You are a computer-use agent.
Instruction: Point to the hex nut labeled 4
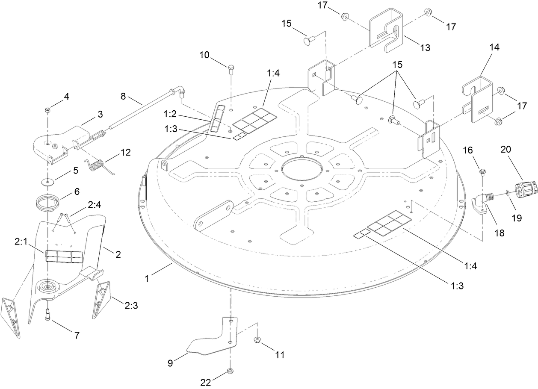point(47,110)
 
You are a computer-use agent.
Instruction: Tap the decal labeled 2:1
point(64,256)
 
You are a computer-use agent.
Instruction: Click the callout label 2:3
point(131,306)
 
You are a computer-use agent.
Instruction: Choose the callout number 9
point(170,363)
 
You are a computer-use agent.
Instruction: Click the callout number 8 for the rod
point(123,96)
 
